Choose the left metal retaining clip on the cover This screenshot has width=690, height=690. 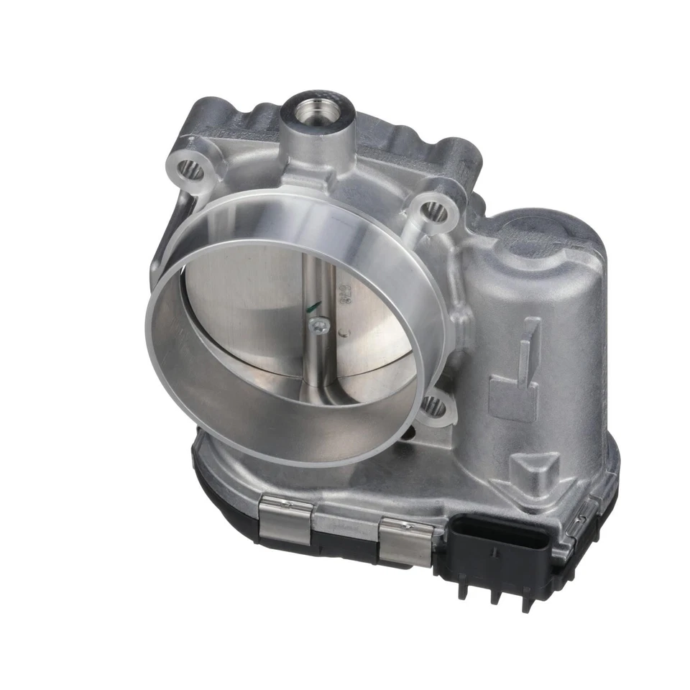coord(287,520)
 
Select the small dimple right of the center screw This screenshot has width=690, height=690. coord(346,332)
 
